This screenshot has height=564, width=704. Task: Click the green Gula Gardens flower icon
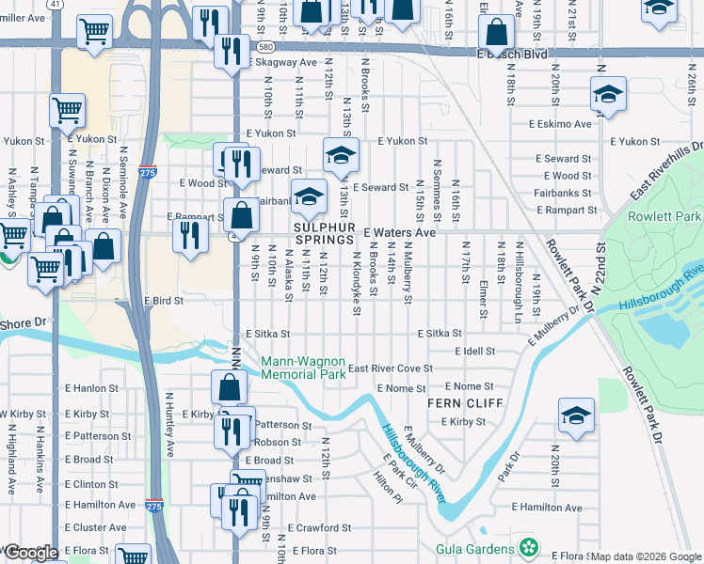530,547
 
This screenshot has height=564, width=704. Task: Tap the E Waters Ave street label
400,232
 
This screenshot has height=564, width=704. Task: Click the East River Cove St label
390,369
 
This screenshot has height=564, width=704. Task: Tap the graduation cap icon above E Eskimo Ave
609,95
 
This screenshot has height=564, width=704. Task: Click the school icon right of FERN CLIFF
576,416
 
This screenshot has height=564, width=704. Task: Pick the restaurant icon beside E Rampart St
190,235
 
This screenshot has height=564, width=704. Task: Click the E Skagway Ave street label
283,62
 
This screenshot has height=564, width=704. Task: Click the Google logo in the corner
31,553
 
